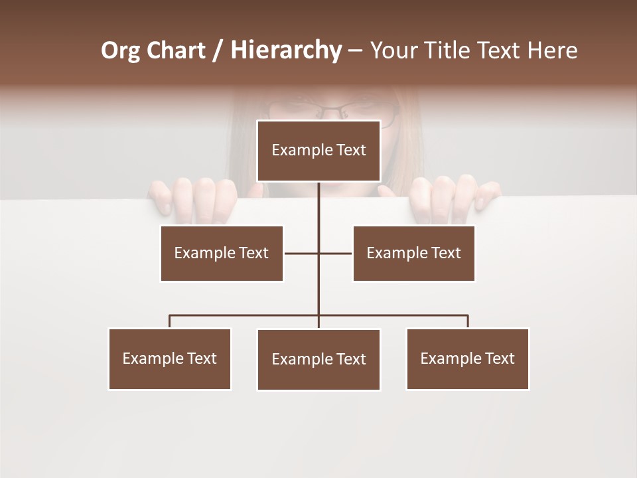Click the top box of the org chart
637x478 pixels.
[318, 151]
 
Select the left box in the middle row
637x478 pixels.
[222, 253]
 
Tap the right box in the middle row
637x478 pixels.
[413, 253]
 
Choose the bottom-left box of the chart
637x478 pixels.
[170, 358]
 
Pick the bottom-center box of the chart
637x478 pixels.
[318, 359]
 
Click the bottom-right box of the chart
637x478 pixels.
[468, 358]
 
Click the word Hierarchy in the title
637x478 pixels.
[286, 50]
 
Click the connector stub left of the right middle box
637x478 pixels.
[336, 253]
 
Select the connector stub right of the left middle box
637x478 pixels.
[301, 253]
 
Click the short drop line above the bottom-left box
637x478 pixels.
[170, 321]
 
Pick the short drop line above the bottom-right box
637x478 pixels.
[468, 321]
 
